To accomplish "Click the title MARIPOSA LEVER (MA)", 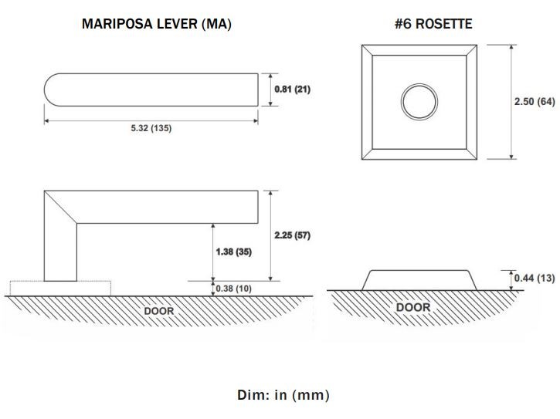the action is pos(157,24).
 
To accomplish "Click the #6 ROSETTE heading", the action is pos(433,24).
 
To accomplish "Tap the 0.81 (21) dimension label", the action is pos(292,90).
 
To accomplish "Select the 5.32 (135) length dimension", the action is pos(151,128).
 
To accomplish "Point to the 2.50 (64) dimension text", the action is pos(535,102).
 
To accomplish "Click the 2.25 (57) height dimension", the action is pos(292,235).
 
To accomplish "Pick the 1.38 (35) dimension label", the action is pos(233,252).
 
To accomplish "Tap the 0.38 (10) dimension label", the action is pos(233,289).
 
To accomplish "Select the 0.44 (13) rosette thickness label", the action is pos(535,278).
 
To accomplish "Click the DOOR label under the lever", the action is pos(159,311).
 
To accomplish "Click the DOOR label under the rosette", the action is pos(413,307).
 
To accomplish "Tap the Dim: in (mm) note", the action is pos(283,395).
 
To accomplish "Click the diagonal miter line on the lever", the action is pos(60,208).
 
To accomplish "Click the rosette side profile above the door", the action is pos(419,280).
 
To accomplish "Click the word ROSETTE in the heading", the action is pos(444,24).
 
